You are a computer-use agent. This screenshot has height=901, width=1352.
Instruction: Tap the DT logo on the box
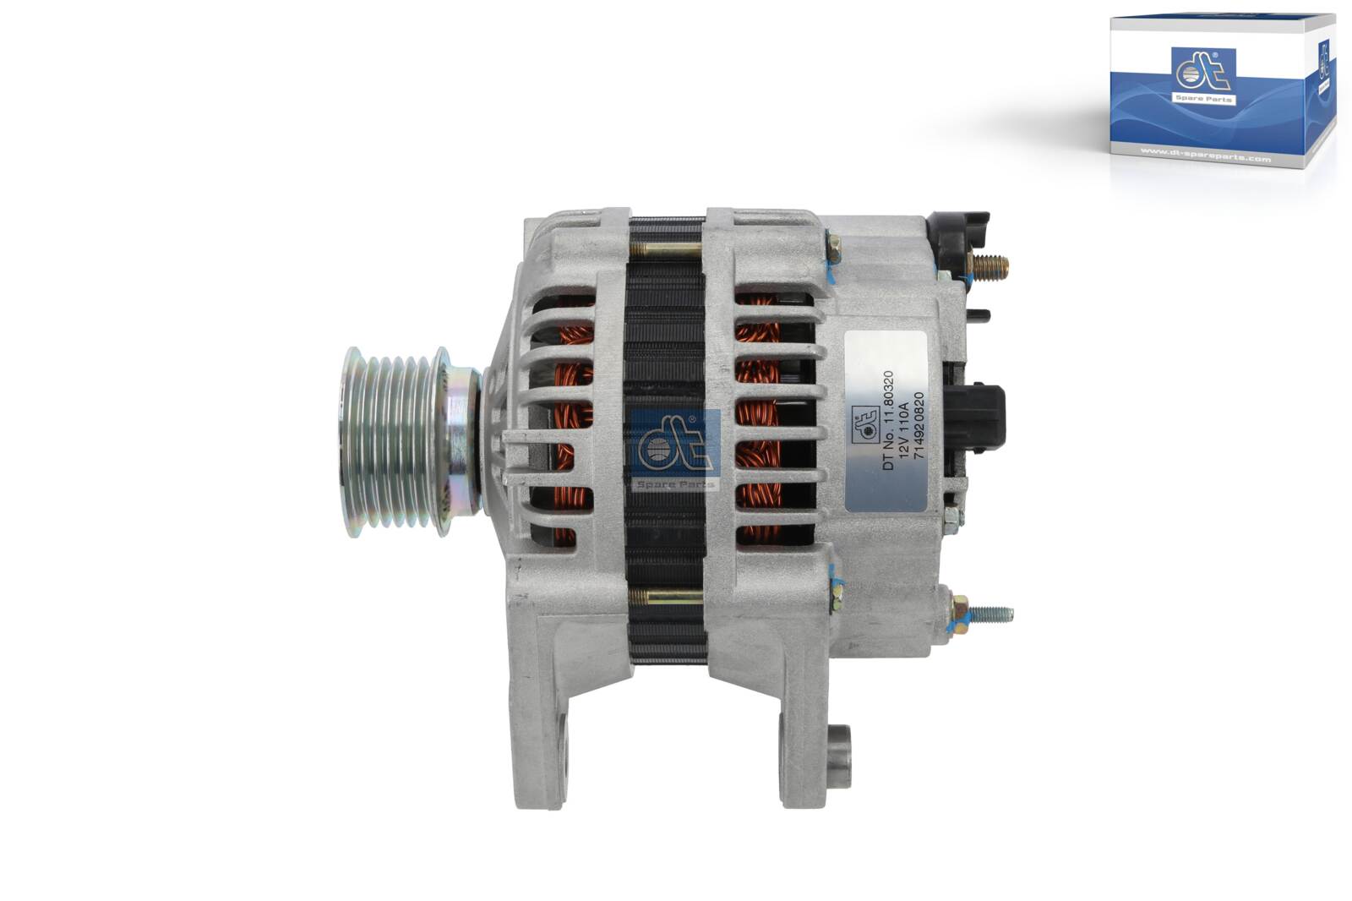(x=1203, y=76)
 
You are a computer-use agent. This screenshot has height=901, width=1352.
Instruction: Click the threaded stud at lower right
(x=993, y=614)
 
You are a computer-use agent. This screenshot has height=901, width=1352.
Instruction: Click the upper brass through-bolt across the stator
(x=666, y=250)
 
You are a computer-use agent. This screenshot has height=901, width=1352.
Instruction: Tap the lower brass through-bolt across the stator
(x=666, y=597)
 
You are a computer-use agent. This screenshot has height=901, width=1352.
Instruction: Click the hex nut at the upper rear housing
(x=833, y=247)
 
